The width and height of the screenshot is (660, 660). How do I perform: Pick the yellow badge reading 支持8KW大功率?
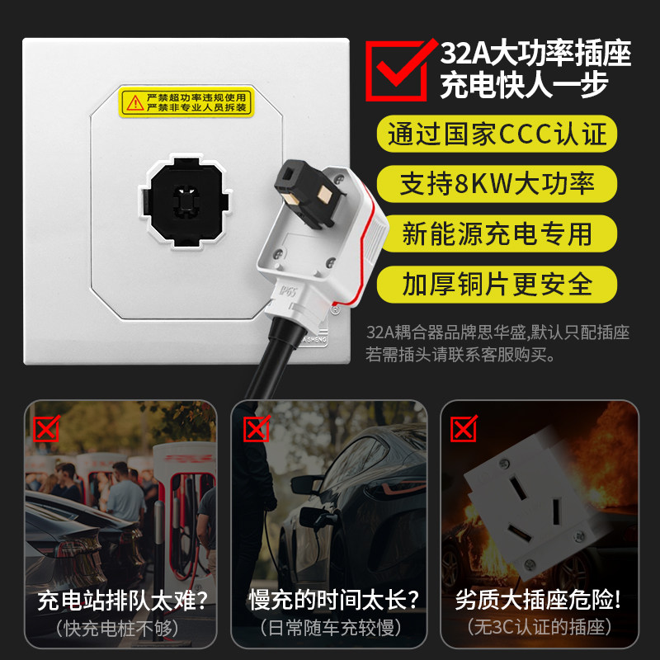pyautogui.click(x=497, y=184)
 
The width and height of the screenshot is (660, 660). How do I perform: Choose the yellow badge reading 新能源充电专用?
pyautogui.click(x=497, y=233)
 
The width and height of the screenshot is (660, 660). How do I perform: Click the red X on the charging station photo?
pyautogui.click(x=45, y=429)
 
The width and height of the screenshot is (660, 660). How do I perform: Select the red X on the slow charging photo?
pyautogui.click(x=257, y=429)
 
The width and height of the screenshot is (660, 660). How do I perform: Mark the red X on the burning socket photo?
pyautogui.click(x=464, y=429)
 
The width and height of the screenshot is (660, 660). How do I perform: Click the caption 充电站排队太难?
pyautogui.click(x=121, y=600)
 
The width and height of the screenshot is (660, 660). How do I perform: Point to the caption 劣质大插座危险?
pyautogui.click(x=538, y=600)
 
